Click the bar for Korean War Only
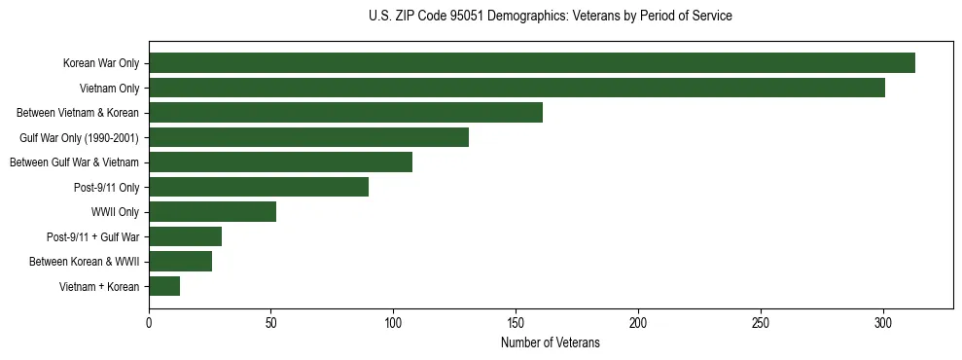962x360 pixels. click(x=532, y=63)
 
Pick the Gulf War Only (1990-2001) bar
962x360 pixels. click(x=308, y=137)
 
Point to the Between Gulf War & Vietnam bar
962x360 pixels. click(x=280, y=162)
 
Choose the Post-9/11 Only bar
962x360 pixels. click(x=259, y=187)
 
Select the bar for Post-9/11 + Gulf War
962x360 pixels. click(x=185, y=236)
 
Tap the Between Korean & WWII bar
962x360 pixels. click(x=180, y=261)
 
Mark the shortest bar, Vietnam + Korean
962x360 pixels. click(x=164, y=286)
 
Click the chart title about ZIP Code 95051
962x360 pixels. click(x=551, y=16)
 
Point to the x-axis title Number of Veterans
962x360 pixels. click(x=551, y=343)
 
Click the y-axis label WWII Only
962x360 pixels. click(x=115, y=212)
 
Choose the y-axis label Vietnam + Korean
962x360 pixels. click(x=99, y=286)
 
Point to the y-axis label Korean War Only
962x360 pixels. click(x=101, y=63)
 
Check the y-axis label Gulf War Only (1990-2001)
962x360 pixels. click(x=79, y=137)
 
